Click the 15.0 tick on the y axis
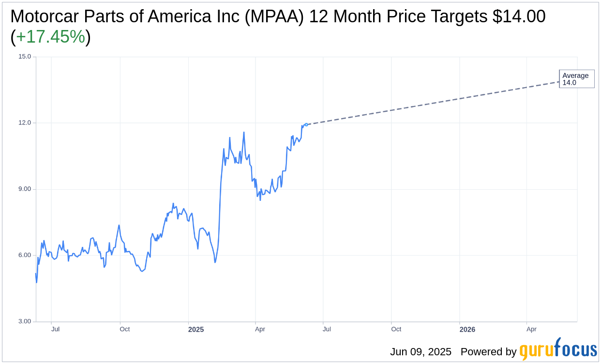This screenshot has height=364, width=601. (24, 57)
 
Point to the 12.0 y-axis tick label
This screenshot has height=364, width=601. (24, 123)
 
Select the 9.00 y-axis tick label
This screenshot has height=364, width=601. (24, 189)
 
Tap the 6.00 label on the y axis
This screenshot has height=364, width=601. (24, 256)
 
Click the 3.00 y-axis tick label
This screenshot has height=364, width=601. (24, 321)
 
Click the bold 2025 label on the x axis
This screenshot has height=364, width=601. (196, 330)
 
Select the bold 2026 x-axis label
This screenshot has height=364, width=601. (467, 330)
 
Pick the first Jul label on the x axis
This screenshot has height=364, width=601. (55, 329)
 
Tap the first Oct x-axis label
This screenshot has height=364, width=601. (124, 329)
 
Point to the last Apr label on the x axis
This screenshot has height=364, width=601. (531, 329)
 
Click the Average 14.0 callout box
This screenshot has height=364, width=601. (576, 79)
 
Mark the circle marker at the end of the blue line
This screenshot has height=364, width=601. (306, 124)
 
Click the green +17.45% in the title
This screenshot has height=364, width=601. (50, 37)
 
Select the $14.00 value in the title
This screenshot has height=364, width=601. (519, 16)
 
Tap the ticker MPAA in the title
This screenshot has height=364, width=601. (275, 16)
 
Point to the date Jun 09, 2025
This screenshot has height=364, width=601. (421, 352)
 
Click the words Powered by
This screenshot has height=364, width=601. (488, 352)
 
